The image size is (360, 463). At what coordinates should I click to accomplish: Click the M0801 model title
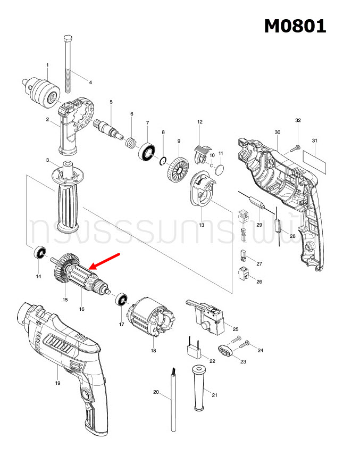pyautogui.click(x=295, y=25)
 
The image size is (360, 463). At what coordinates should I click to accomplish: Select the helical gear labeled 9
pyautogui.click(x=177, y=169)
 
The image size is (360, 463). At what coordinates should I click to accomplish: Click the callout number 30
pyautogui.click(x=277, y=132)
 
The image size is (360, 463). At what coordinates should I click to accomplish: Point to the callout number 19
pyautogui.click(x=57, y=383)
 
